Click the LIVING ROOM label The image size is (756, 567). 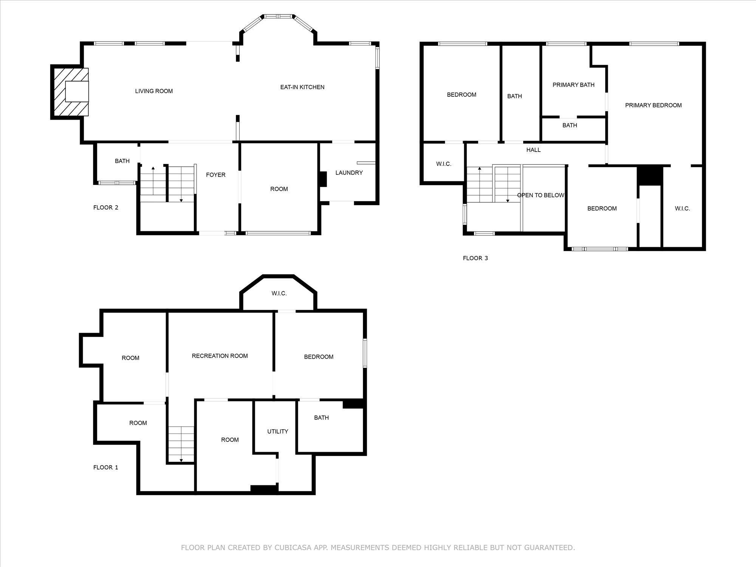tap(154, 91)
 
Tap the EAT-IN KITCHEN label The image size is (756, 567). tap(302, 87)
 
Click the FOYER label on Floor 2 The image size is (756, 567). tap(215, 175)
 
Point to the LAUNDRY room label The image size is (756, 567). tap(349, 173)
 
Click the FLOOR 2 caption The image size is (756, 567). tap(106, 208)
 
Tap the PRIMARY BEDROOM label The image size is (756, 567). tap(653, 105)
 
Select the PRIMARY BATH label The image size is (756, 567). tap(573, 85)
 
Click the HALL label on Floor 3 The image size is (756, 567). tap(533, 150)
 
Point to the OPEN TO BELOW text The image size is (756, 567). tap(541, 195)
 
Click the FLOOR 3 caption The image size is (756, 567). tap(475, 258)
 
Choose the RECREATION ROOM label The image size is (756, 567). tap(220, 356)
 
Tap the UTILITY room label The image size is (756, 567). tap(277, 431)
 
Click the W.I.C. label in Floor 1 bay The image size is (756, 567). tap(279, 293)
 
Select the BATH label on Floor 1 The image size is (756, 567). tap(321, 418)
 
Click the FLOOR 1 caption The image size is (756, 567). tap(106, 468)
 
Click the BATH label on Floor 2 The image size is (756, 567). tap(122, 161)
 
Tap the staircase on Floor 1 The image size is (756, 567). tap(181, 444)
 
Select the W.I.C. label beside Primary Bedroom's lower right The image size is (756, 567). tap(682, 209)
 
